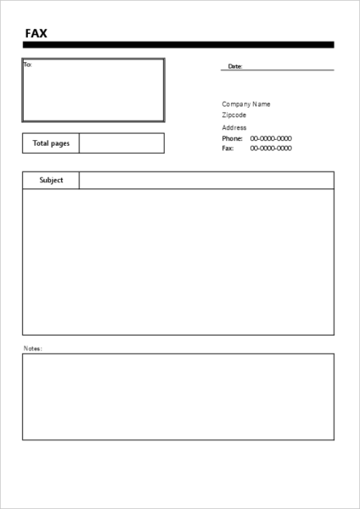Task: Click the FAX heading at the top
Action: coord(37,33)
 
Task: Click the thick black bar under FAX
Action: coord(178,45)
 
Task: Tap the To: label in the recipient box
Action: coord(27,64)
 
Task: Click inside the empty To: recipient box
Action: coord(93,92)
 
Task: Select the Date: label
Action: coord(235,66)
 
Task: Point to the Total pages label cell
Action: coord(51,143)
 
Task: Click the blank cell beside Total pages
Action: coord(121,143)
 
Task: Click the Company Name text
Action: coord(246,104)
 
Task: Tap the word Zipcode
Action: coord(234,115)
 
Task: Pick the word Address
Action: coord(234,127)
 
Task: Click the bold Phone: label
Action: coord(233,138)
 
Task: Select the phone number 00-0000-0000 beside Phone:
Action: coord(271,138)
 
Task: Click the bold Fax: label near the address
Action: coord(228,148)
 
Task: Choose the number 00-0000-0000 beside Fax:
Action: coord(271,148)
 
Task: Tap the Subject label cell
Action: coord(51,181)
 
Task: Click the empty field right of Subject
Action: coord(206,181)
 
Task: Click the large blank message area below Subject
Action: coord(178,261)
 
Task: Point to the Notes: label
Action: coord(32,348)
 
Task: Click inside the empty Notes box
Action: coord(178,396)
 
